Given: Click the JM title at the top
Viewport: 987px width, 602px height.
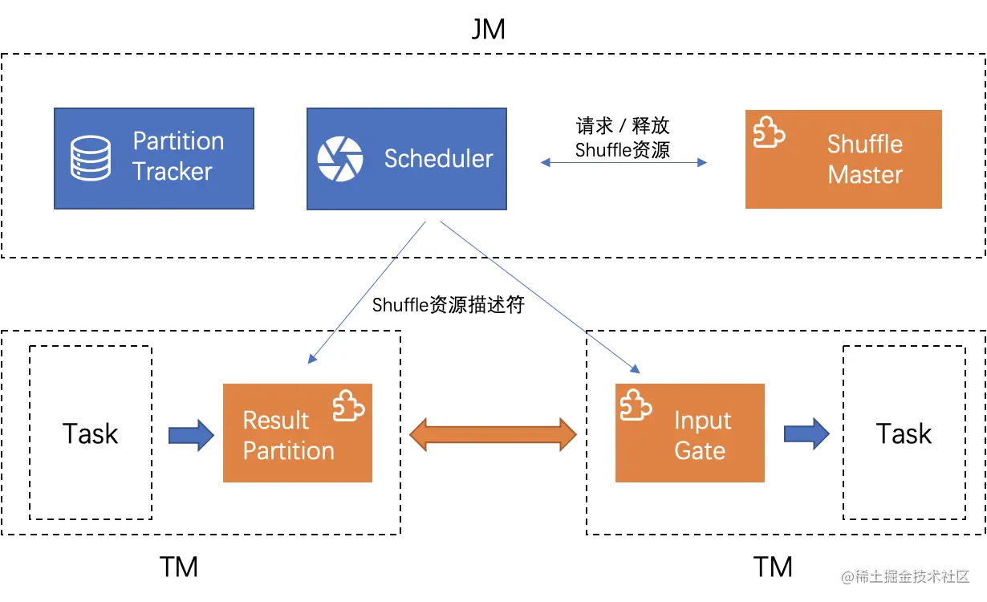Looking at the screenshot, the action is point(488,29).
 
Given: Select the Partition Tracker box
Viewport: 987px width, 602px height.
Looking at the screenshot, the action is point(154,158).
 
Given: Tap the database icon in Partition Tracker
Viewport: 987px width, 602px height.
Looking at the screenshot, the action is point(91,158).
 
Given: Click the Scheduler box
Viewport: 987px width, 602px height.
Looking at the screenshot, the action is point(407,159).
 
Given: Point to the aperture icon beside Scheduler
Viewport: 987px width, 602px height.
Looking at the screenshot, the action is point(340,159).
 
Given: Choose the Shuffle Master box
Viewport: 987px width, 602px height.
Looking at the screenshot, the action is point(843,159).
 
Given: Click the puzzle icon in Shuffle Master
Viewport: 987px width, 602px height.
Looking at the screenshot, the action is point(769,132).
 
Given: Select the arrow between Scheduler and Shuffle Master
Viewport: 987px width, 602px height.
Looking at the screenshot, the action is point(624,163).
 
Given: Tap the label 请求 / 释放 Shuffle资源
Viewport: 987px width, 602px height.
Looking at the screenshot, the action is point(623,137).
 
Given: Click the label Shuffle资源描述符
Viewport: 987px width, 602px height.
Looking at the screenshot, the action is point(448,304).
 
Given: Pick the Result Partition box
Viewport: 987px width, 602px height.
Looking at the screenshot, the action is point(298,433).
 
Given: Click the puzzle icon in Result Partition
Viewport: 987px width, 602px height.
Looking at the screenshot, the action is point(348,405).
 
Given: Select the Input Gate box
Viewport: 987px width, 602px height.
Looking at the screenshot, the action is point(689,433).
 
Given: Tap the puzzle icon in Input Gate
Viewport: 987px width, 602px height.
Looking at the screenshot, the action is point(636,405).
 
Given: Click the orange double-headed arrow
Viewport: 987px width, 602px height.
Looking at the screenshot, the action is point(493,434).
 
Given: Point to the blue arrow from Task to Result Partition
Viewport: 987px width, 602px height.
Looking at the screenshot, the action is point(191,435).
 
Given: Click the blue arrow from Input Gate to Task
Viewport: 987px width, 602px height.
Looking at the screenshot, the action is point(806,434).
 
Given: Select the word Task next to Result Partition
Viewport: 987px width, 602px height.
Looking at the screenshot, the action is point(91,433).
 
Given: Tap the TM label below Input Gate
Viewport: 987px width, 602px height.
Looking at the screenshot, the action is point(773,567).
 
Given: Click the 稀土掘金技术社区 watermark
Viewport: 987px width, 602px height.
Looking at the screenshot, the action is point(905,576).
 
